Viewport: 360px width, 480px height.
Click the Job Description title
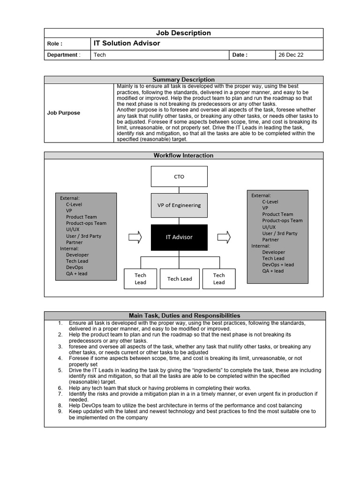[183, 33]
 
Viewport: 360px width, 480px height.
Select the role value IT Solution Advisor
[127, 43]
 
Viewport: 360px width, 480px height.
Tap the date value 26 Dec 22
[291, 55]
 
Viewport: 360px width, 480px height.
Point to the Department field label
[64, 55]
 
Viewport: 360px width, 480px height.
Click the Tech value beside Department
[100, 55]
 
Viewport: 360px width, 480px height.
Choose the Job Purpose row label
[64, 113]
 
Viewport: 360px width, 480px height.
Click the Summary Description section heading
[183, 80]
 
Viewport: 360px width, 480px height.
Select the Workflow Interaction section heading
[183, 155]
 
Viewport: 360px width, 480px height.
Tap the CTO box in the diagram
[179, 177]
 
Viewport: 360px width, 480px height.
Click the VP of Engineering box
[179, 205]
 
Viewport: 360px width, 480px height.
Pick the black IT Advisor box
[179, 237]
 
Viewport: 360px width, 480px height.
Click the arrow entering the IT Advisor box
[135, 237]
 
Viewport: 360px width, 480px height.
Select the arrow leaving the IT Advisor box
[224, 237]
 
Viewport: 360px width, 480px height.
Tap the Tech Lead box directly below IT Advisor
[180, 279]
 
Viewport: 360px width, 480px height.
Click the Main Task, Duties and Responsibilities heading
[184, 315]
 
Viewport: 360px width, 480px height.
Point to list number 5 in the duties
[60, 370]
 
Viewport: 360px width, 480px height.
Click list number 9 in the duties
[60, 411]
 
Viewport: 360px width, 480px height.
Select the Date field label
[240, 55]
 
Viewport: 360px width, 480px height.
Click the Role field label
[55, 44]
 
